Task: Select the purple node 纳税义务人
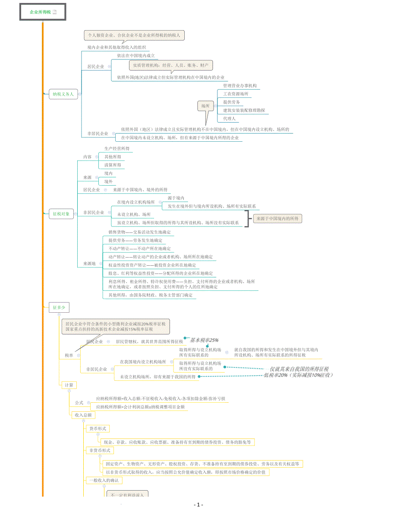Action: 63,93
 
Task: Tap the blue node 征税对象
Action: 61,214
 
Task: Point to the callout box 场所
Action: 205,106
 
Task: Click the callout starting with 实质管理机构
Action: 171,65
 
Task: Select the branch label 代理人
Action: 229,118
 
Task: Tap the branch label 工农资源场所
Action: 236,93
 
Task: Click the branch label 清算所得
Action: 113,165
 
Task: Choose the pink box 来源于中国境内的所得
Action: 277,218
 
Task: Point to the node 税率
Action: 69,355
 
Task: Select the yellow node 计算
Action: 69,385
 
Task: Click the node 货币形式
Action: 97,429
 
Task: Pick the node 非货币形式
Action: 99,451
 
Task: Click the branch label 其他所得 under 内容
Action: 113,157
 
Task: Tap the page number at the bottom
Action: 198,505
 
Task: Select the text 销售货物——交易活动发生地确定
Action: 139,232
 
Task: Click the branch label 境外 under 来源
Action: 108,181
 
